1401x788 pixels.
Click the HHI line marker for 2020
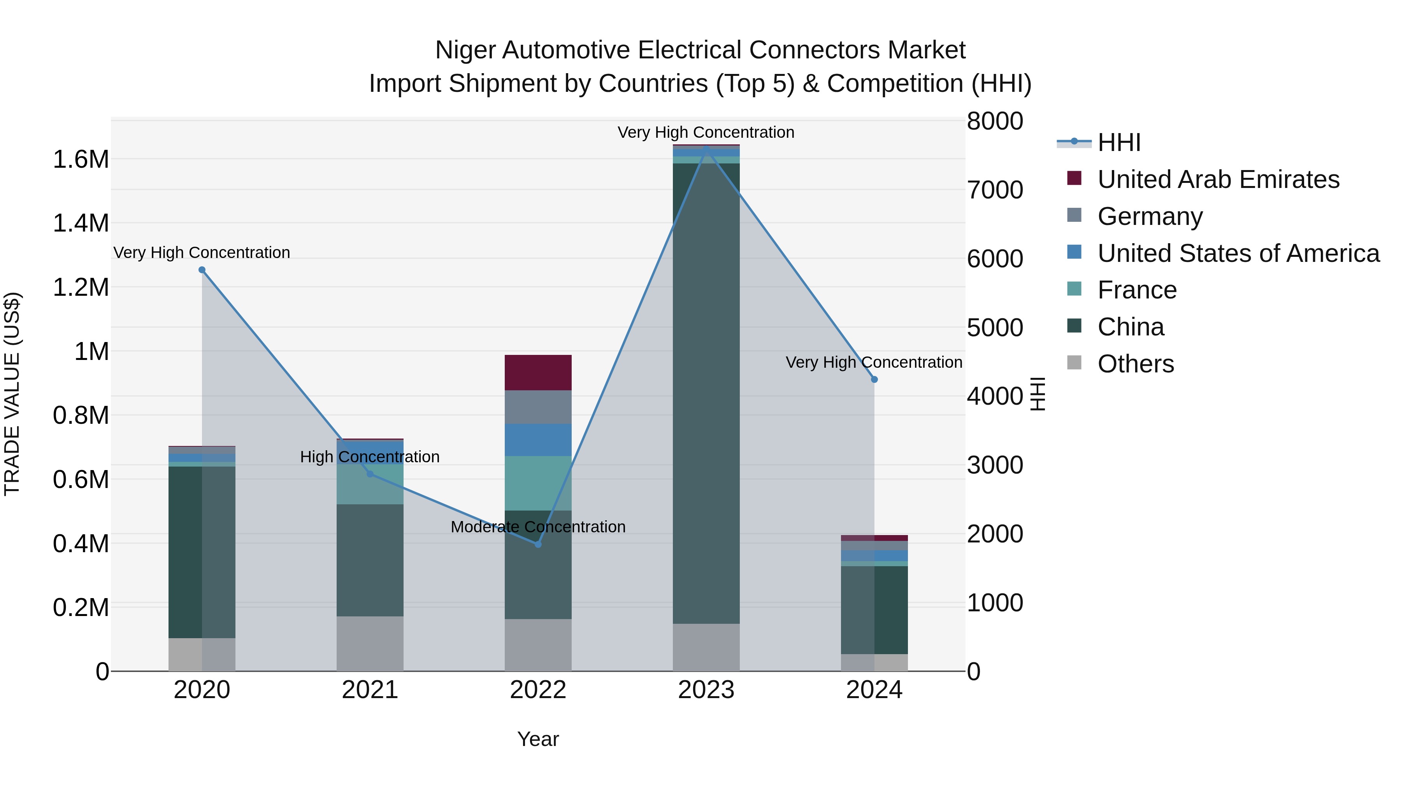tap(202, 270)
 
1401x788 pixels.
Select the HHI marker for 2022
tap(538, 544)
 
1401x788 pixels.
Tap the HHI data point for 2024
tap(874, 379)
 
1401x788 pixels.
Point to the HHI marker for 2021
tap(370, 474)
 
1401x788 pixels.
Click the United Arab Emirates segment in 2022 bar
tap(538, 372)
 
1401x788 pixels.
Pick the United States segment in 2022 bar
tap(538, 440)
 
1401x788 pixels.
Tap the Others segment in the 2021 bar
tap(370, 643)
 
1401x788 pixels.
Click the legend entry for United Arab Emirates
tap(1218, 179)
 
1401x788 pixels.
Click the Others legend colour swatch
tap(1074, 362)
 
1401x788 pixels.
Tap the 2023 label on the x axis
tap(706, 690)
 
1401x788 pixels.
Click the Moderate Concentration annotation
tap(538, 527)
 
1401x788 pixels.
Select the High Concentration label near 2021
tap(370, 457)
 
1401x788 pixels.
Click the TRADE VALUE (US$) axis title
tap(12, 394)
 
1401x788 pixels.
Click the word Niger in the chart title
tap(465, 50)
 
